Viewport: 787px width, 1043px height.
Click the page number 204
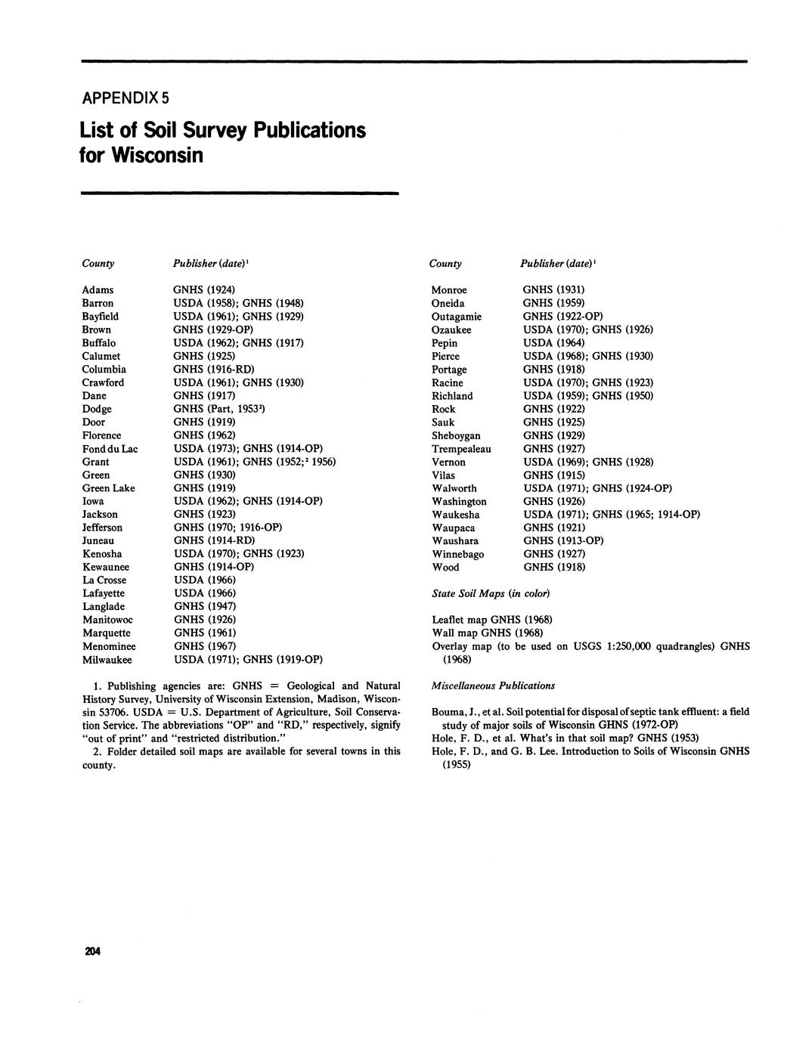coord(94,952)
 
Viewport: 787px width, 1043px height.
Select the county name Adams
coord(98,289)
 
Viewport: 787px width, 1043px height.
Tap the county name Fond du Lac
coord(110,448)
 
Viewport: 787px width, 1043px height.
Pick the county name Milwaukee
coord(107,659)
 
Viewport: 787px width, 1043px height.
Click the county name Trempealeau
coord(461,448)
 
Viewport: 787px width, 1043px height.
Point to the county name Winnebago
coord(458,554)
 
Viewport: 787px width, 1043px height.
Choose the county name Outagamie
coord(457,316)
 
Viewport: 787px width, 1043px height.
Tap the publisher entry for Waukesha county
coord(612,515)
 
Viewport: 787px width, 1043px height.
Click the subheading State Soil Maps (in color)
coord(491,593)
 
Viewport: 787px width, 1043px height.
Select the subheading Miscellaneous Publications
coord(493,686)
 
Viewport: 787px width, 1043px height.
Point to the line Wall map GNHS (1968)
coord(487,633)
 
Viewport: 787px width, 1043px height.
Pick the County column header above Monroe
coord(445,263)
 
